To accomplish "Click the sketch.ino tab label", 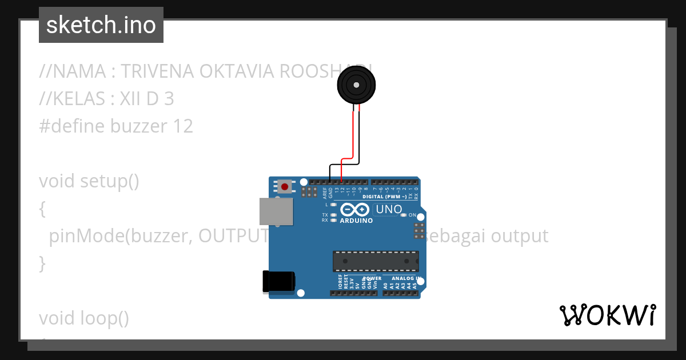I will (101, 25).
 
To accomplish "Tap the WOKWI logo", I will (607, 315).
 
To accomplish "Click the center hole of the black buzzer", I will (357, 85).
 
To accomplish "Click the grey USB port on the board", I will (277, 211).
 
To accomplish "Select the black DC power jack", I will (278, 281).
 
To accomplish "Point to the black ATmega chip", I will (374, 261).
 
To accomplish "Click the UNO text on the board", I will (389, 210).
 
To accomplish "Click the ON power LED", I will (404, 215).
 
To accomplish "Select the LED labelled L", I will (333, 204).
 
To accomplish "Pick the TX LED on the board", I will (333, 215).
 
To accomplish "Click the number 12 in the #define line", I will (184, 126).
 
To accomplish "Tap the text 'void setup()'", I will (89, 181).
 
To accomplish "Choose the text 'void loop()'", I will (84, 318).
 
